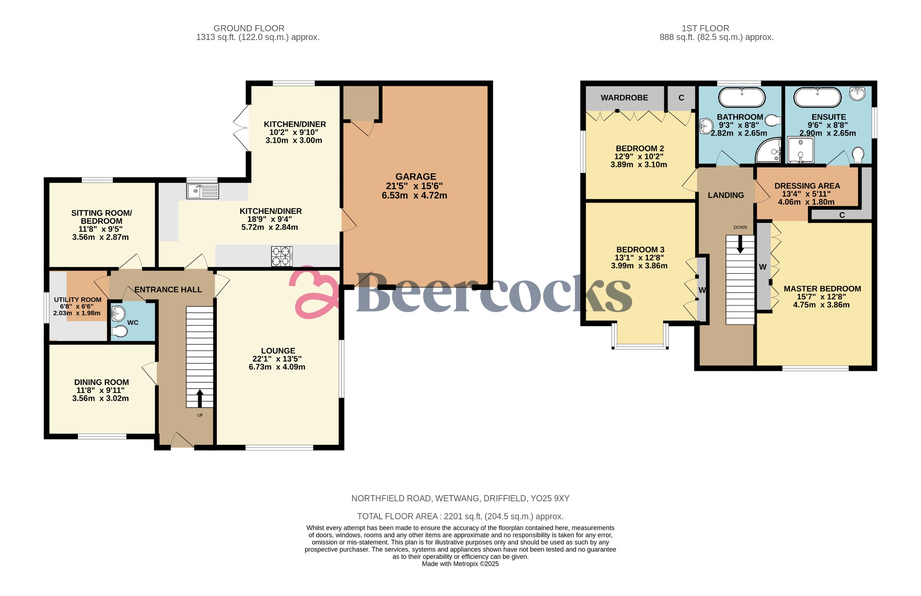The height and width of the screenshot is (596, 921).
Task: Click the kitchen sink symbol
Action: click(202, 191)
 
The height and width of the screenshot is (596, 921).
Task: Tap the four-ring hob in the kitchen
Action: click(282, 257)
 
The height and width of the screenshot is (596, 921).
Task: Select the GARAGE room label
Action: click(416, 177)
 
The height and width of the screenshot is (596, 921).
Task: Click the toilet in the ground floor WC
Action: click(120, 331)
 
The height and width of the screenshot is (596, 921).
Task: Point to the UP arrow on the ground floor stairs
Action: click(200, 398)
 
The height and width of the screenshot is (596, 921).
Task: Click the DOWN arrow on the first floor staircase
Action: click(740, 244)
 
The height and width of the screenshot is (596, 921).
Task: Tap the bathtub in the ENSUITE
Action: click(817, 97)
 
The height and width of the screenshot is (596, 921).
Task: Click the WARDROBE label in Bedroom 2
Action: click(624, 98)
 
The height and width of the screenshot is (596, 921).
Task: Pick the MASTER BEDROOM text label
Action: click(822, 289)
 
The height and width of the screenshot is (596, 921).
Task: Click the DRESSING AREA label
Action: click(807, 186)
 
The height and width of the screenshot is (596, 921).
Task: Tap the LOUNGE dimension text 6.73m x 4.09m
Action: click(277, 367)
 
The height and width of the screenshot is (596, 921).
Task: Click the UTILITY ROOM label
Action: click(77, 300)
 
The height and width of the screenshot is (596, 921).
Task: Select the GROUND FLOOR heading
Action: click(249, 28)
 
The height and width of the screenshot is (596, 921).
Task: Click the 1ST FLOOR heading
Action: click(705, 28)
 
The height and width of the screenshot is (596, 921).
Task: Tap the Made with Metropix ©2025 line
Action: click(460, 564)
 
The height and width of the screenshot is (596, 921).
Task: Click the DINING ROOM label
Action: click(102, 382)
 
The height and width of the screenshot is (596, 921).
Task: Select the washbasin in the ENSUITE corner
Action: click(857, 94)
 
